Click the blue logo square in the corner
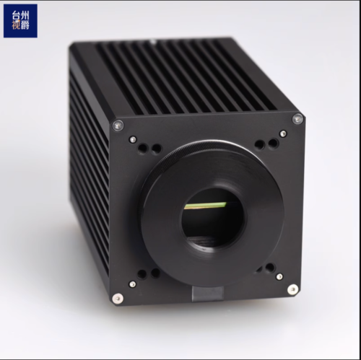19,20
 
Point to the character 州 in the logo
26,14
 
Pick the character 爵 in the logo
26,27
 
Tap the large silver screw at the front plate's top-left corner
118,125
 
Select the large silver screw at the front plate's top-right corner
297,119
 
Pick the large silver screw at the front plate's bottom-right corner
292,289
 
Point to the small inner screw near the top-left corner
133,139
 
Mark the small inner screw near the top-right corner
282,133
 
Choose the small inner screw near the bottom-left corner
132,284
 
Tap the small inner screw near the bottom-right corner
279,276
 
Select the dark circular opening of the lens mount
214,216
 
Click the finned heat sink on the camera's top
180,76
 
